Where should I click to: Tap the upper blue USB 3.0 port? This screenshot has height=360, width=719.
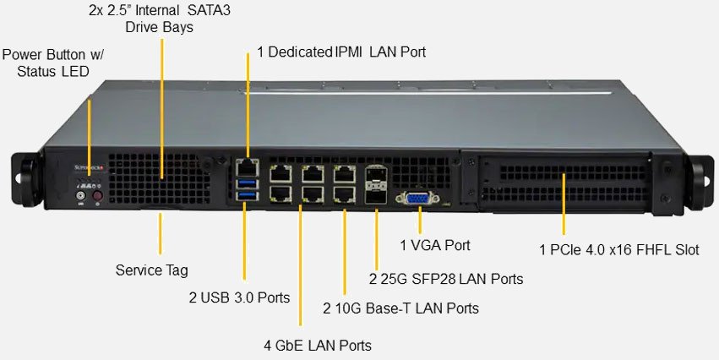246,183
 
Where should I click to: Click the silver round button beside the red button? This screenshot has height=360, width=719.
81,197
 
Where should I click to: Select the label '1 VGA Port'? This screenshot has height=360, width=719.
435,245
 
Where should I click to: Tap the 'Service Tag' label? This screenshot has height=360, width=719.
151,270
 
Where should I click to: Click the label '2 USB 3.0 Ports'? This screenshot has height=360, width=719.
239,297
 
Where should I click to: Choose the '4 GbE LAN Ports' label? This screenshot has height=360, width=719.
318,345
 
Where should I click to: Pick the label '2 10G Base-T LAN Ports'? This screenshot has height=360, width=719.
400,308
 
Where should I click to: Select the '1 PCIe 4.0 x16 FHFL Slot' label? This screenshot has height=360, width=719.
618,250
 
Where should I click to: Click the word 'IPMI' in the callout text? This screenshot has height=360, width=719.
349,52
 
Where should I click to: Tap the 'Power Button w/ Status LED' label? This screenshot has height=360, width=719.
52,63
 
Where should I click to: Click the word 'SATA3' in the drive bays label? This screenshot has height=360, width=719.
211,11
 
